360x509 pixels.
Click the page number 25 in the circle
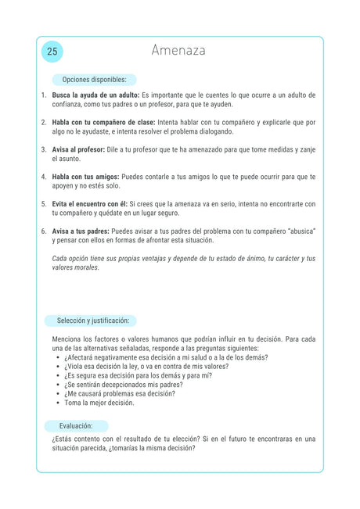tap(52, 52)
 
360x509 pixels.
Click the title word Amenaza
tap(178, 51)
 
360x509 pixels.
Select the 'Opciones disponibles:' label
tap(94, 80)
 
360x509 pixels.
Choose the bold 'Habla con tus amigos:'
tap(85, 177)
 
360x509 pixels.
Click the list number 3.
tap(44, 149)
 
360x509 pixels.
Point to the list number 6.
tap(44, 231)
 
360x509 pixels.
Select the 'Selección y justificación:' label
tap(92, 321)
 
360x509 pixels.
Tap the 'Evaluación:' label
tap(76, 426)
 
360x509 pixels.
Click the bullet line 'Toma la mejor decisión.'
tap(99, 403)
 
